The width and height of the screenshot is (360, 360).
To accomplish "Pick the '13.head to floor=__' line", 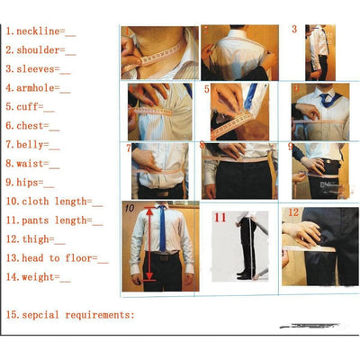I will pos(57,258).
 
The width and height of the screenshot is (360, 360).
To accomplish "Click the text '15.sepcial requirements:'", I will pos(70,315).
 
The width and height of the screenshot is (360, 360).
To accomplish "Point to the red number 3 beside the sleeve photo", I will pos(294,30).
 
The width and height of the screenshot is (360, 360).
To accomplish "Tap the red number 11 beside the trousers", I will pos(220,218).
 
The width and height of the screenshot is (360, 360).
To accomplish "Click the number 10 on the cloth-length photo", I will pos(130,211).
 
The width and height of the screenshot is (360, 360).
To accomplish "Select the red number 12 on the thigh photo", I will pos(292,213).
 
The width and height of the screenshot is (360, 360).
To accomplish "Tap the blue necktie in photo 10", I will pos(162,229).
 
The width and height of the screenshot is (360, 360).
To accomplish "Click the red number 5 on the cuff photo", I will pos(207,90).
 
